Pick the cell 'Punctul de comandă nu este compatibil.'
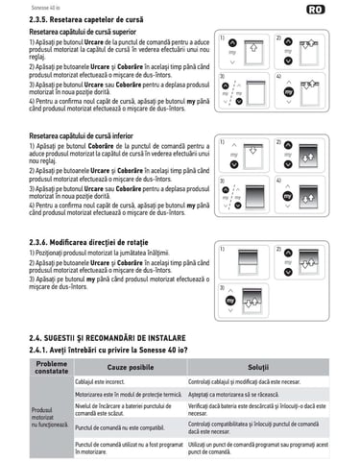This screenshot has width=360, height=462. [128, 427]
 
